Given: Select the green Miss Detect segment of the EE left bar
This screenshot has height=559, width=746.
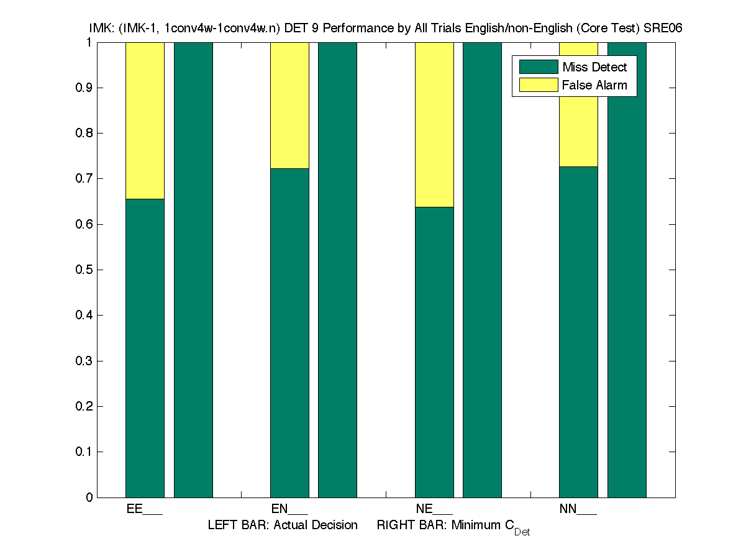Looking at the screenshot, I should coord(145,348).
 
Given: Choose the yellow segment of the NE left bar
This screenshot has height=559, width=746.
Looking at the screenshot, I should coord(434,124).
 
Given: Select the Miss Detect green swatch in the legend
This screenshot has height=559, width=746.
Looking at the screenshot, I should coord(539,67).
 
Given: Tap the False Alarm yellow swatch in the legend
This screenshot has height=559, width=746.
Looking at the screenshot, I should coord(539,85).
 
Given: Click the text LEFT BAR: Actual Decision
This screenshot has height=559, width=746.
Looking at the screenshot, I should coord(283,525).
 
